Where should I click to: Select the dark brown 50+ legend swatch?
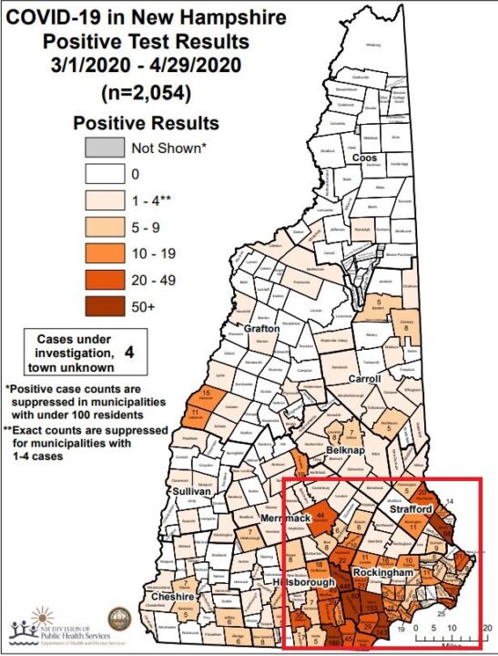104,307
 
